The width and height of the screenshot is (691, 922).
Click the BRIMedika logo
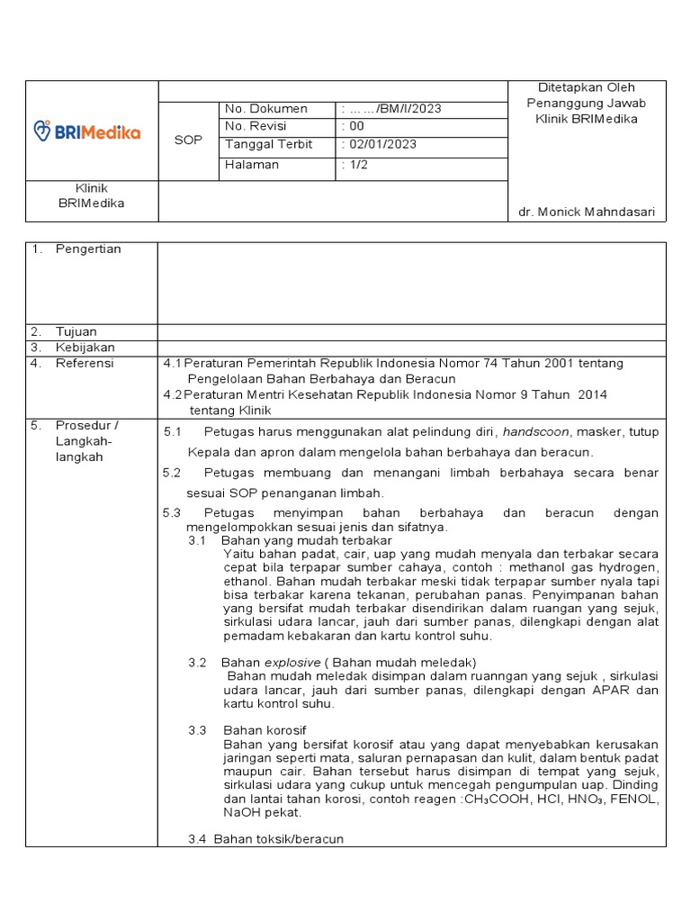(x=86, y=131)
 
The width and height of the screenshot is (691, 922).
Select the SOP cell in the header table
(x=188, y=140)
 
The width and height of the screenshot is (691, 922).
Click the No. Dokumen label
(x=265, y=109)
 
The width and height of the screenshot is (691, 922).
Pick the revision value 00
(x=356, y=126)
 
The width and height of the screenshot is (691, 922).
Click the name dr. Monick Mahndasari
(x=586, y=212)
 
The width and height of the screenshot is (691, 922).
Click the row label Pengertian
(x=88, y=249)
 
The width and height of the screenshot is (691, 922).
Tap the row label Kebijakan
(x=85, y=347)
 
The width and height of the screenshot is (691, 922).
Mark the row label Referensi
(x=85, y=363)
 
